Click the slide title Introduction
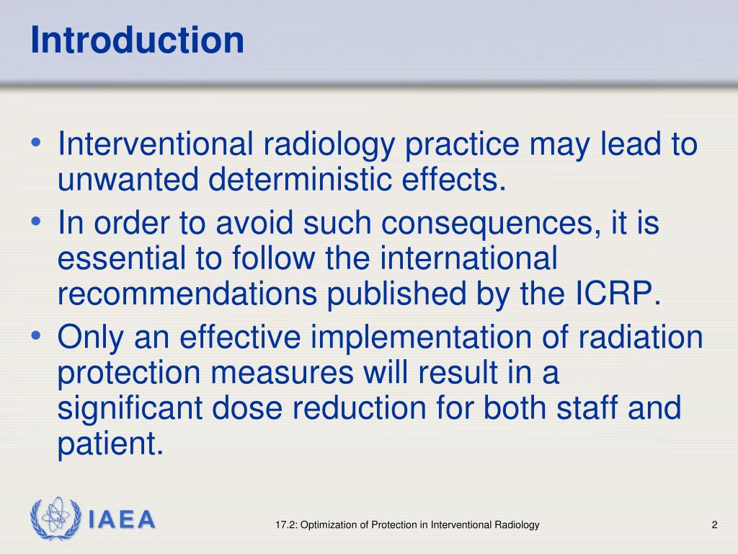137,41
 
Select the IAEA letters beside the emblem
122,520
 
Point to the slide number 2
714,525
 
